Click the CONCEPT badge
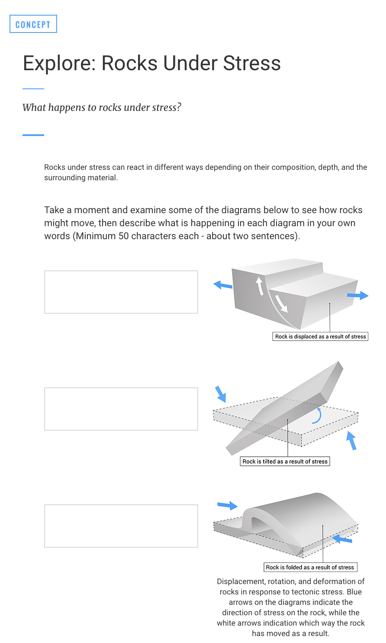coord(33,24)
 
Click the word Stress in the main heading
coord(251,63)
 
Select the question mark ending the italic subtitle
coord(179,107)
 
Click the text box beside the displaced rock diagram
coord(121,292)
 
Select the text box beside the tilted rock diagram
coord(121,409)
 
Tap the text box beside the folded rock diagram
coord(121,526)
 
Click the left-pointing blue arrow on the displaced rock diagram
coord(223,285)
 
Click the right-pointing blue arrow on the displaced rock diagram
coord(357,296)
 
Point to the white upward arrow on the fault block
coord(260,286)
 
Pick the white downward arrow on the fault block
coord(281,304)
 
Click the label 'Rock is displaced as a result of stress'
coord(320,336)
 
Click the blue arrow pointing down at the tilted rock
coord(221,394)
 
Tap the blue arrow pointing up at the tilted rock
coord(351,440)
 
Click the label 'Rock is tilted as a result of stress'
coord(285,461)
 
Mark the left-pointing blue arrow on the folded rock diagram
coord(342,539)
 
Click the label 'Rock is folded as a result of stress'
coord(310,567)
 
